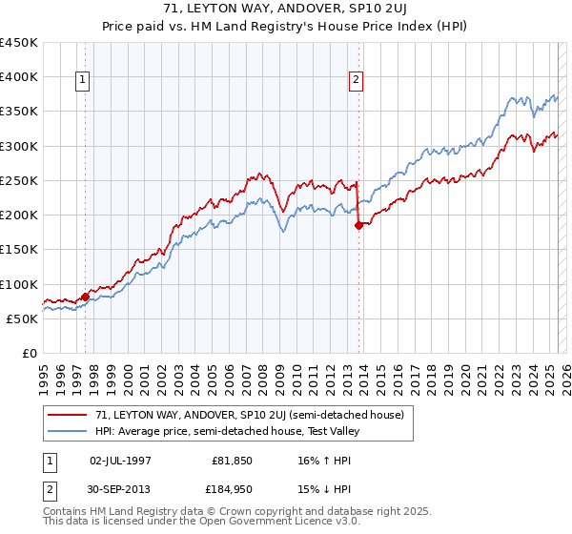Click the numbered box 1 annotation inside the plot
[x=84, y=81]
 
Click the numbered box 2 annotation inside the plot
[x=356, y=81]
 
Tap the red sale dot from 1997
[x=85, y=297]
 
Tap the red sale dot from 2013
[x=358, y=226]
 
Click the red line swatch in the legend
[x=68, y=415]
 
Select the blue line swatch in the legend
[x=68, y=431]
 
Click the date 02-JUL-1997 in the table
[x=120, y=461]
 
